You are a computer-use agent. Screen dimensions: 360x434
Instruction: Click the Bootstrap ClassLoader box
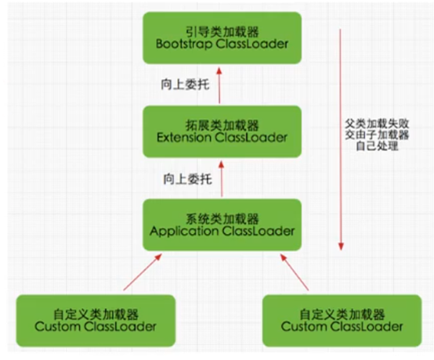pos(221,37)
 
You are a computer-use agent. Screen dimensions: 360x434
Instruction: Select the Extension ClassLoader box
pos(221,131)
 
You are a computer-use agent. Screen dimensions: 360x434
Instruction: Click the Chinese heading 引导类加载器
pos(221,29)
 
